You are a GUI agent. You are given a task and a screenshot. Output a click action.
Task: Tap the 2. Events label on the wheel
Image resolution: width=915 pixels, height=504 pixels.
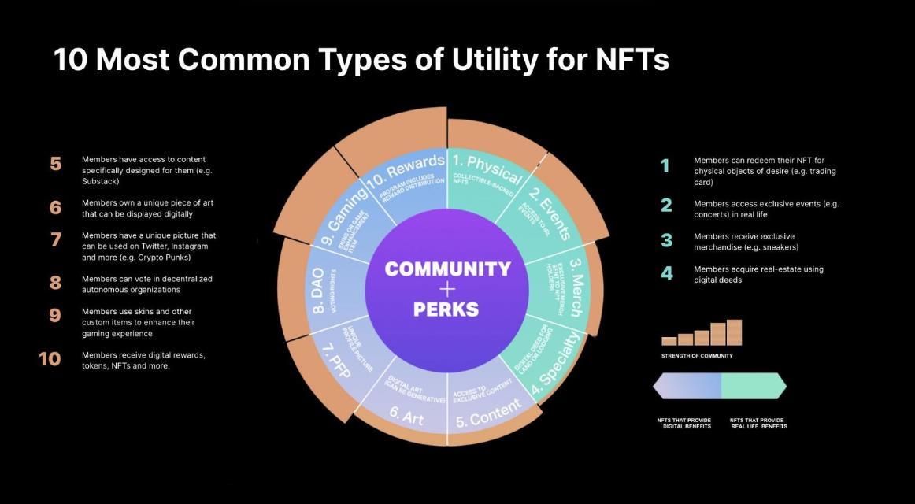click(x=550, y=215)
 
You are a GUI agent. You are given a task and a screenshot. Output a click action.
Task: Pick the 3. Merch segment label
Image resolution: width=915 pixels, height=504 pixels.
click(x=576, y=287)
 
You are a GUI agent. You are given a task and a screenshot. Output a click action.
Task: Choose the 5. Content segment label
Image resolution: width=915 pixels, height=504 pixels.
click(x=488, y=412)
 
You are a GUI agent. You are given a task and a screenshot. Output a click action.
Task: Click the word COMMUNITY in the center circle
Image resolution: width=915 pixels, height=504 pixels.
click(x=447, y=269)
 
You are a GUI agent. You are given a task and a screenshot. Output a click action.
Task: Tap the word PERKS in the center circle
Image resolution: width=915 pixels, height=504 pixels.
click(x=446, y=309)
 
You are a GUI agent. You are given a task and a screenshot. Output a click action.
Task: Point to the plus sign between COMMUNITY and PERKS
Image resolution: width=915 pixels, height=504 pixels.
click(x=447, y=289)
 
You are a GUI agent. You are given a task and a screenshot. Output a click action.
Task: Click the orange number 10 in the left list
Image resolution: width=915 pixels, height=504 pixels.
click(x=50, y=359)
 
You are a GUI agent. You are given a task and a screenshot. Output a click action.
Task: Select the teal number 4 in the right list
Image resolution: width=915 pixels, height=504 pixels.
click(x=666, y=274)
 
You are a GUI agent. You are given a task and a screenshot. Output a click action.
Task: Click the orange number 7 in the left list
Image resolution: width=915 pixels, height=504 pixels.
click(x=55, y=240)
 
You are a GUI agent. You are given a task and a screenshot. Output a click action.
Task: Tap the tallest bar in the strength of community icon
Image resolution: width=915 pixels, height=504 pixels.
click(x=734, y=332)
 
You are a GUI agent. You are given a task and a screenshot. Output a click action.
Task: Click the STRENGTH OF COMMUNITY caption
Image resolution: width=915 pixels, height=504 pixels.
click(x=697, y=356)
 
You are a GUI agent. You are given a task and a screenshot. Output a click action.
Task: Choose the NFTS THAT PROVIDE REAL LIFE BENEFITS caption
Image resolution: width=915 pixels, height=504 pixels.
click(x=758, y=424)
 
